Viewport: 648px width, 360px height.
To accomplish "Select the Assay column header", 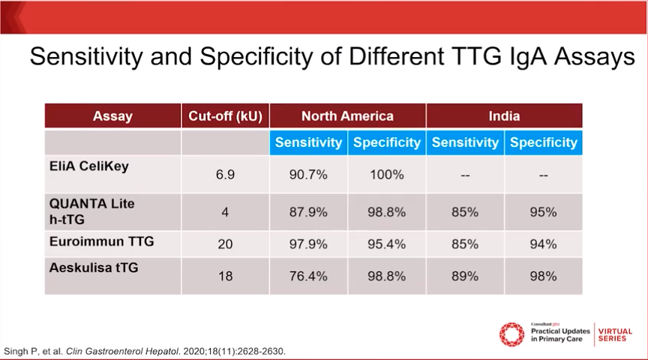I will tap(112, 116).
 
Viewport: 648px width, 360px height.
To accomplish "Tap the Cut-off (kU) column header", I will tap(225, 116).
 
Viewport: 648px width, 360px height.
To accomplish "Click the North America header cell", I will tap(347, 116).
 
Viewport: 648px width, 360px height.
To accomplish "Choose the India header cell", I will tap(504, 116).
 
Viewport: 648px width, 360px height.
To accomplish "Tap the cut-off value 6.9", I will tap(225, 175).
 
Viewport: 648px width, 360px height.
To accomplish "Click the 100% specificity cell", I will tap(386, 175).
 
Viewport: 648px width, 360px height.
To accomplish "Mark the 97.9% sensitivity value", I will tap(308, 244).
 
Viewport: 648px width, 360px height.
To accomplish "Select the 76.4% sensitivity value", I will tap(308, 276).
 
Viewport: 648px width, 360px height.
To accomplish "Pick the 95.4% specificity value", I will tap(386, 244).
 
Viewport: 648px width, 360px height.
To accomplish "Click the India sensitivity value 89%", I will tap(464, 276).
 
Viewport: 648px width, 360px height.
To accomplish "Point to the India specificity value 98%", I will tap(542, 276).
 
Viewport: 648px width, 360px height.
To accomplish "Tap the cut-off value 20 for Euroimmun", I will tap(225, 244).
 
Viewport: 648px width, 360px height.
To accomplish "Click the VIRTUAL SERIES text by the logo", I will tap(615, 335).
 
